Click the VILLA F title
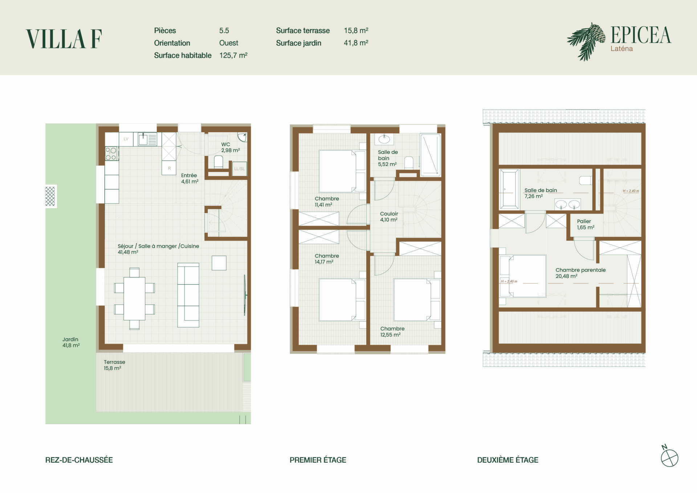(x=64, y=39)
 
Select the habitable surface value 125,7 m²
(x=233, y=55)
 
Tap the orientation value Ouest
(x=229, y=43)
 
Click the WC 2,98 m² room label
(x=231, y=147)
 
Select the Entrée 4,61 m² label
(x=189, y=178)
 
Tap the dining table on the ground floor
(x=134, y=298)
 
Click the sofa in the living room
(x=188, y=295)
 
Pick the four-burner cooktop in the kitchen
(x=111, y=153)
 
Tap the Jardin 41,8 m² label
(x=71, y=342)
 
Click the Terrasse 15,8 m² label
(x=114, y=365)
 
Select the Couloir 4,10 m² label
(x=389, y=217)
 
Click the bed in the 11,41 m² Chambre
(x=337, y=171)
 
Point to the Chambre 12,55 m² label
(x=392, y=331)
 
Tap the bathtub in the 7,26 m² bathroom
(x=509, y=189)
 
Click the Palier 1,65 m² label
(x=586, y=224)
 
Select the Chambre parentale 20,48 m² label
(x=580, y=273)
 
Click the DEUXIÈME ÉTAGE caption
(x=508, y=460)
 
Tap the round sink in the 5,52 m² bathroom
(x=384, y=139)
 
